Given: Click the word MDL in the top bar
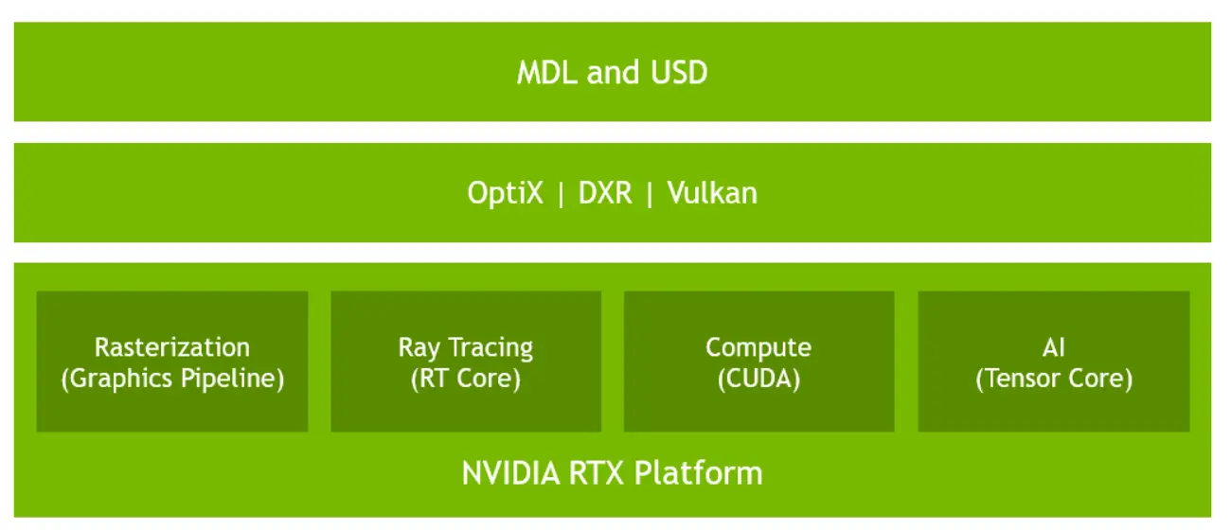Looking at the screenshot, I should [547, 73].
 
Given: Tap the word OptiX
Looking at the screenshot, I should [506, 193].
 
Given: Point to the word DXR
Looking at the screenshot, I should [606, 193].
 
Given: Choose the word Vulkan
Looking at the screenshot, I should [712, 193].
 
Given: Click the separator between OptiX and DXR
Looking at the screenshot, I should [561, 193].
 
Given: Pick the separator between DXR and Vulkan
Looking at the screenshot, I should [651, 193].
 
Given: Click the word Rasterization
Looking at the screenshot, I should [172, 347].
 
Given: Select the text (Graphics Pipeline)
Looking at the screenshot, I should [172, 379].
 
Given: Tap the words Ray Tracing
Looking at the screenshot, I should [465, 347].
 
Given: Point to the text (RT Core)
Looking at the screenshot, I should [465, 379].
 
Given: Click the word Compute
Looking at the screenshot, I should [758, 347].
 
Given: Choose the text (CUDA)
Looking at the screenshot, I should [758, 379].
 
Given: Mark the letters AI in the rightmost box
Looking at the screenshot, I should [1054, 347].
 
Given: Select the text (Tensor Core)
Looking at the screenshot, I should [1054, 379].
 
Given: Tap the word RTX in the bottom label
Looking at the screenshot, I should [597, 472].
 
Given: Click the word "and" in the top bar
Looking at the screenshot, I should [613, 73].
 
